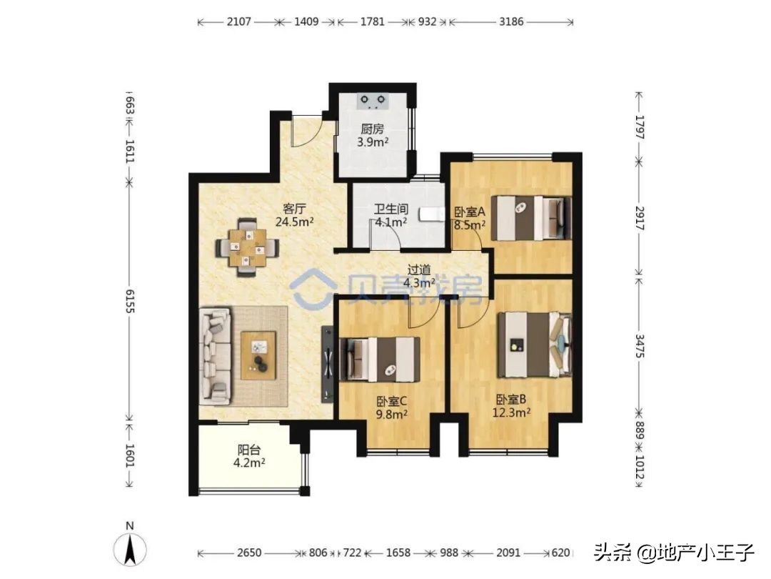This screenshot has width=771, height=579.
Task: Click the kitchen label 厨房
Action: point(373,129)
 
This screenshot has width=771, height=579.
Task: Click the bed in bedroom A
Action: point(532,219)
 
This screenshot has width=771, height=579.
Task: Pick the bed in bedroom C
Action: point(381,360)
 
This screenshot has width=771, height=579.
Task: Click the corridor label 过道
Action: point(419,269)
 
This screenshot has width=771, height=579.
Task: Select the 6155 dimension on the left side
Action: point(129,301)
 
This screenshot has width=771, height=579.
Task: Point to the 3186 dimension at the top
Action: point(510,22)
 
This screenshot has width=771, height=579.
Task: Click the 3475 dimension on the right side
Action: point(639,344)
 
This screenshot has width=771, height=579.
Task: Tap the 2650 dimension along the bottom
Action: point(249,553)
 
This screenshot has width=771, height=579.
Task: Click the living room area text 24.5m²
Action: point(295,221)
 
